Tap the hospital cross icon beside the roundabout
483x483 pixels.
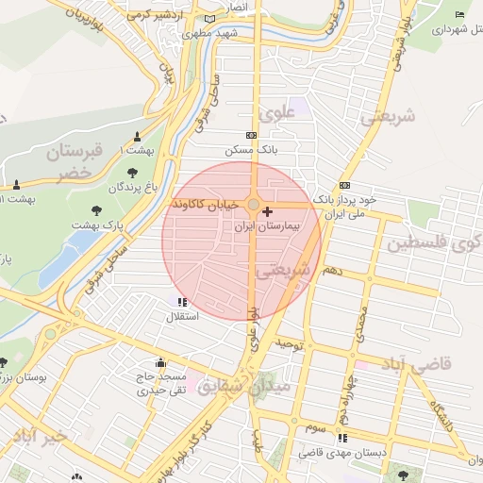[268, 212]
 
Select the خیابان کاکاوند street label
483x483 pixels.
[208, 205]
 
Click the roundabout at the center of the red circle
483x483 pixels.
[254, 205]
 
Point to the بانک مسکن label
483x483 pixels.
[248, 150]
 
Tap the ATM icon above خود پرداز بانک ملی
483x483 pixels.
[344, 185]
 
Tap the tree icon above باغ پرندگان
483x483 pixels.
[130, 173]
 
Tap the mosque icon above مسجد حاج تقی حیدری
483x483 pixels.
[159, 362]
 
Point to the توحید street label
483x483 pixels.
[290, 344]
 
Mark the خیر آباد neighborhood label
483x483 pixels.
[36, 437]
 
